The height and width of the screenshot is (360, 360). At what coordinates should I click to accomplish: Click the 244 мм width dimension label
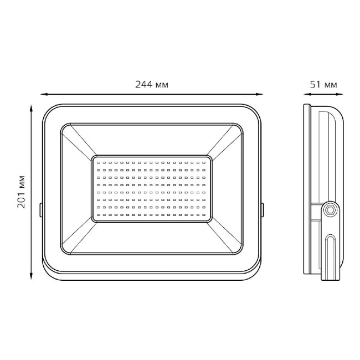coord(152,85)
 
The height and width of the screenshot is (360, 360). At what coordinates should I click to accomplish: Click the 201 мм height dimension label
coord(21,192)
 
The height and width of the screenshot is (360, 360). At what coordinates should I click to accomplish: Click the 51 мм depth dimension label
coord(323,85)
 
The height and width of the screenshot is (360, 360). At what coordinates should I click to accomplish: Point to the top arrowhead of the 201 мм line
coord(31,108)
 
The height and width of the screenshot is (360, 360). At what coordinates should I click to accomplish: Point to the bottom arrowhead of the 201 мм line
coord(31,276)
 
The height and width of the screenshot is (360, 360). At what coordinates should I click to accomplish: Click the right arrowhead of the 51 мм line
coord(340,94)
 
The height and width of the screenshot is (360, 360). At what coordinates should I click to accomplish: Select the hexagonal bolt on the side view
coord(330,209)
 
